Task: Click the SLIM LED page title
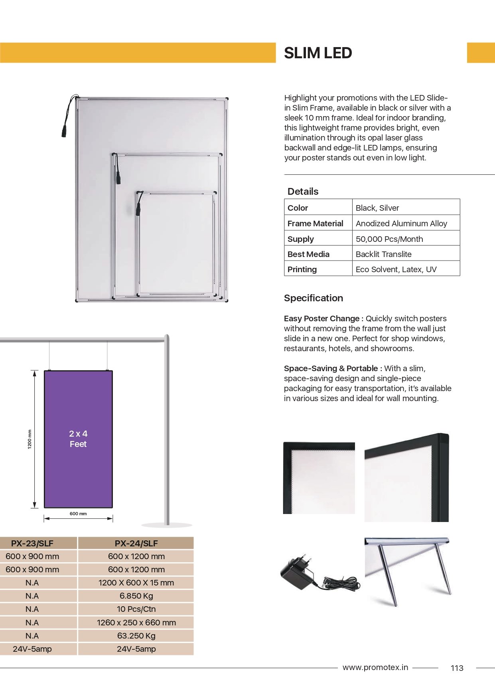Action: point(318,53)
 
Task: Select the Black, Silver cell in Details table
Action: point(377,208)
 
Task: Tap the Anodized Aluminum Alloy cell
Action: point(401,223)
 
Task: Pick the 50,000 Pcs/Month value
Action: point(389,239)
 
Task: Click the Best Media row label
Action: point(308,254)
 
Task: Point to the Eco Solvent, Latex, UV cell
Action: point(396,269)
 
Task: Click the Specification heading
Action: point(313,298)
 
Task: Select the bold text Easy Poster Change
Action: point(323,318)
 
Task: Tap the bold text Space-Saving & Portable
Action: point(333,368)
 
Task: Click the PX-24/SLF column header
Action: point(136,543)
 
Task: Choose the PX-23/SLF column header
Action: point(32,543)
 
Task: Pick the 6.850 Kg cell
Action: point(136,596)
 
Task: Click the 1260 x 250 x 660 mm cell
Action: point(136,623)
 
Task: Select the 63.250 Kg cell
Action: point(136,636)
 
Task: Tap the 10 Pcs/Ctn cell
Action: point(136,609)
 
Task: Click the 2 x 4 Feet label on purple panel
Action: point(78,439)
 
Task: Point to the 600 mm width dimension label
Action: point(78,514)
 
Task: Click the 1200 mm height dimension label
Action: point(30,439)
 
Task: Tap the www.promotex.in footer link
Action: point(375,667)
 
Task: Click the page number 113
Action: point(457,668)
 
